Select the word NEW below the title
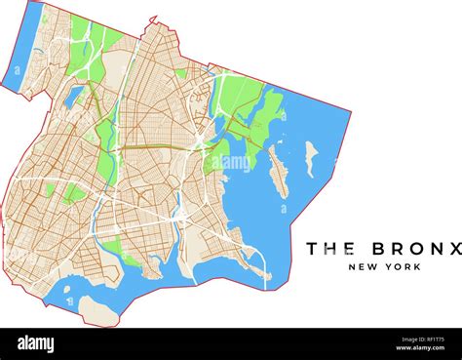pos(364,267)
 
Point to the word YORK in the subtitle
pos(402,267)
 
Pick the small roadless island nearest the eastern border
pos(310,157)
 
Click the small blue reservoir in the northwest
pos(75,95)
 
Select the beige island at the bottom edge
pos(97,310)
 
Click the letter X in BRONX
pos(453,249)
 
